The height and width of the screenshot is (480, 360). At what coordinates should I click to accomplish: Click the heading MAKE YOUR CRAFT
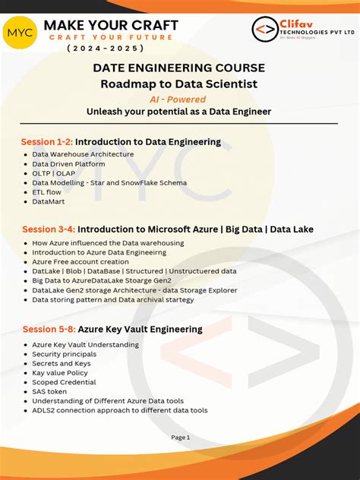coord(111,24)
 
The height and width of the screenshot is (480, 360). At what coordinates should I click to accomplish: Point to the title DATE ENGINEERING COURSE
coord(179,68)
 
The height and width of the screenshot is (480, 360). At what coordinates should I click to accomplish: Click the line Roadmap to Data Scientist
coord(179,83)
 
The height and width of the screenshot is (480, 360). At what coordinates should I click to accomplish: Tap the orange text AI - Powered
coord(179,99)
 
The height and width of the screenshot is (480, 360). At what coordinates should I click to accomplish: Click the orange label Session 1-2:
coord(46,141)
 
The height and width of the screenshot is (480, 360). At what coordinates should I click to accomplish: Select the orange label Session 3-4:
coord(48,229)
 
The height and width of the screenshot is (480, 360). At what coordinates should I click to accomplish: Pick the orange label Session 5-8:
coord(48,329)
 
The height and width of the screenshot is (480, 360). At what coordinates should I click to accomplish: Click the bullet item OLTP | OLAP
coord(53,173)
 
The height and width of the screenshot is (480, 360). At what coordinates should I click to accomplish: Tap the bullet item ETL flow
coord(46,192)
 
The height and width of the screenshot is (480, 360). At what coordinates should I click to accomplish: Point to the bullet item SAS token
coord(49,392)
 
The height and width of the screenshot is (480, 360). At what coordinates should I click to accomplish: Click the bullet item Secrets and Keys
coord(62,364)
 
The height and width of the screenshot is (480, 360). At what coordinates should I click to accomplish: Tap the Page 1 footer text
coord(180,437)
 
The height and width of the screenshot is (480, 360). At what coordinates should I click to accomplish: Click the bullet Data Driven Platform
coord(68,163)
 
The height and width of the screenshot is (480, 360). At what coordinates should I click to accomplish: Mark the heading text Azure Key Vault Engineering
coord(140,329)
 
